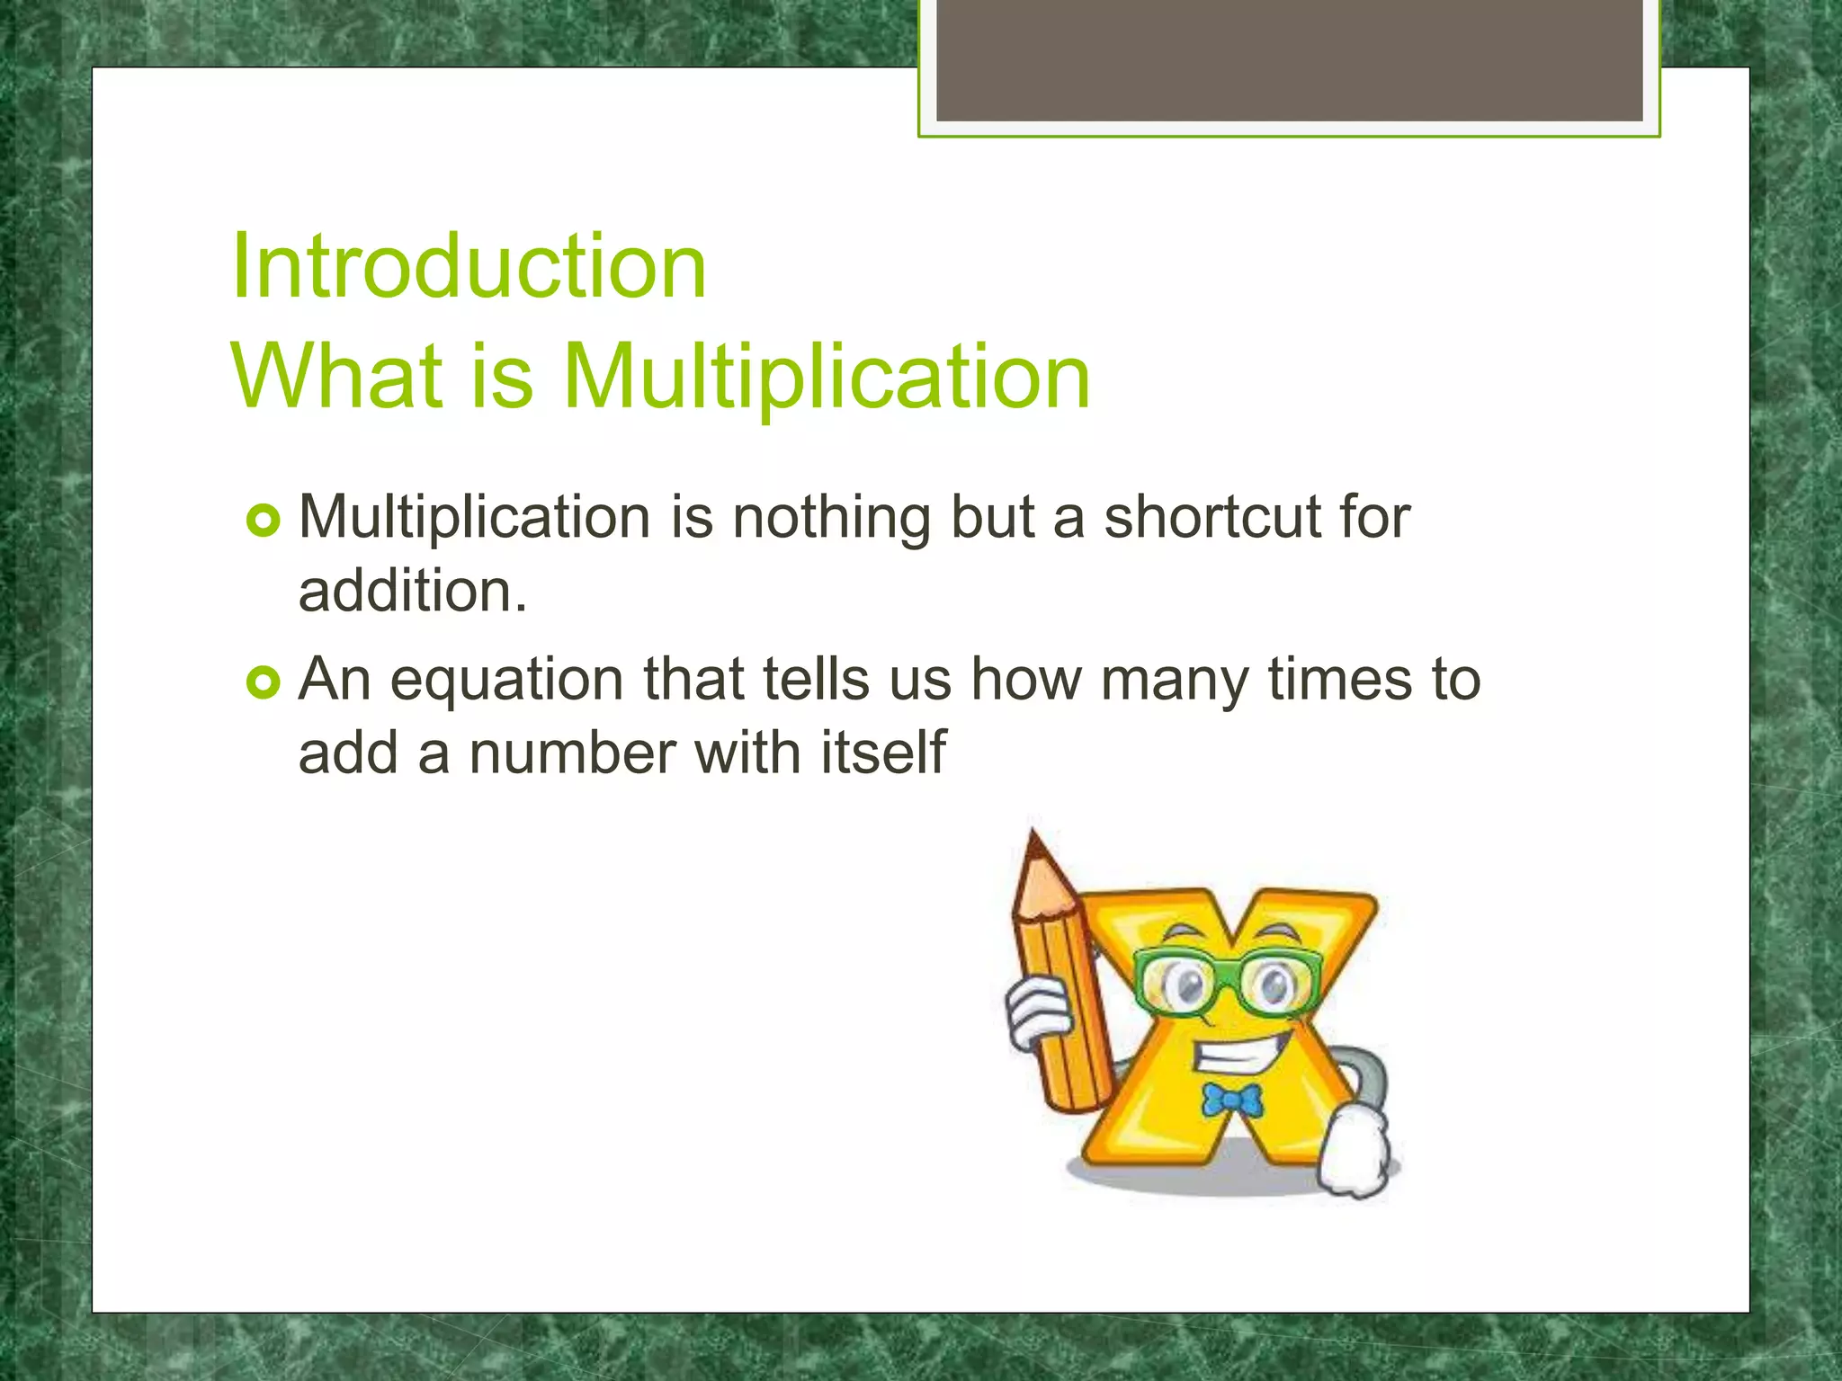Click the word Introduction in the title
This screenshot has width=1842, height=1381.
pyautogui.click(x=468, y=266)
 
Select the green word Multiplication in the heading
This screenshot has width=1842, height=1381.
pyautogui.click(x=826, y=378)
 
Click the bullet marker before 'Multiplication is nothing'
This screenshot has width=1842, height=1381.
pyautogui.click(x=263, y=521)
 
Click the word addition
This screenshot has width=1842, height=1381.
pyautogui.click(x=413, y=592)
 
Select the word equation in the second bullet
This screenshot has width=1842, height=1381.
pyautogui.click(x=506, y=682)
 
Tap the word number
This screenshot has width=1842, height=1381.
pyautogui.click(x=572, y=753)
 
